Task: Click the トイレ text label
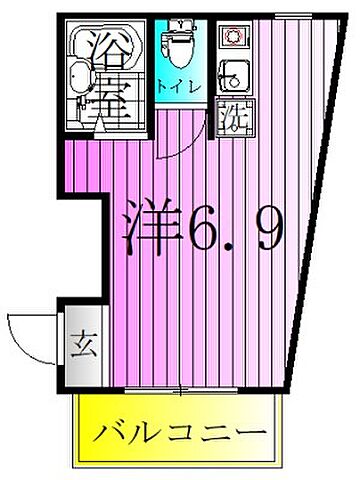coord(181,86)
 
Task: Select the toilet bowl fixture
coord(181,46)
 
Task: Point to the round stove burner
coord(231,38)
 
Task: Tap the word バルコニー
coord(181,434)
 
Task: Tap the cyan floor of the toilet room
coord(165,70)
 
